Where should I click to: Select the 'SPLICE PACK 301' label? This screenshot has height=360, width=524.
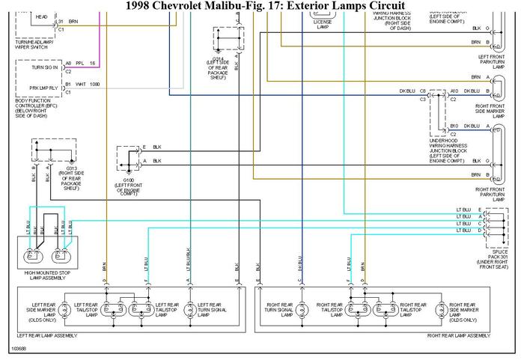(499, 258)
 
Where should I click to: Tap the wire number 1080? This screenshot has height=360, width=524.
(94, 84)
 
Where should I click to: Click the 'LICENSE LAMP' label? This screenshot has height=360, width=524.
(323, 26)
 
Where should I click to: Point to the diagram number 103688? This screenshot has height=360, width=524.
(20, 349)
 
